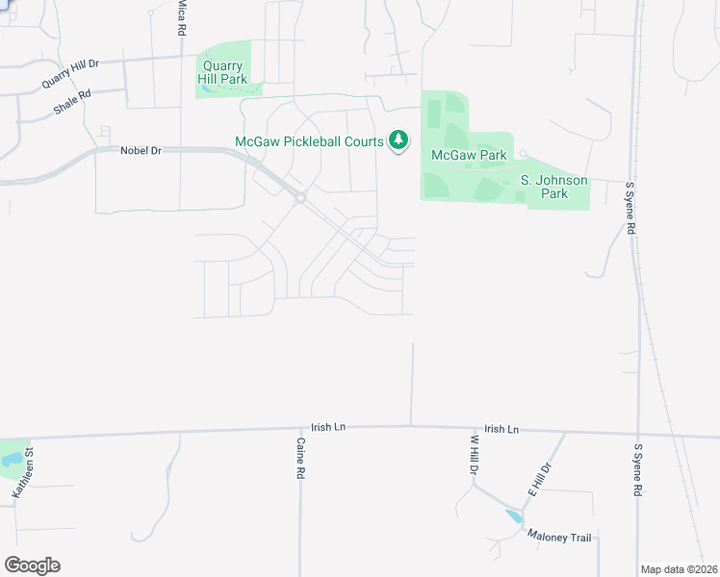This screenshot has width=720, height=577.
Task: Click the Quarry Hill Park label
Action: point(222,72)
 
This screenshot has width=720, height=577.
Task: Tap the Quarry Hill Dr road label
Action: point(70,73)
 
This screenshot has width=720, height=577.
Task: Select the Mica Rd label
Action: point(181,18)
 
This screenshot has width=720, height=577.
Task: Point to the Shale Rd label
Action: point(72,103)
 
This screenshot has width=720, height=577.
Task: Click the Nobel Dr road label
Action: point(141,150)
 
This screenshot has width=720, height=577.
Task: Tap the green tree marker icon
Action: point(398,140)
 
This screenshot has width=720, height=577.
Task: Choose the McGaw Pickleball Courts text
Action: point(309,141)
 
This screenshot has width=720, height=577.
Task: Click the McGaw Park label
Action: point(469,155)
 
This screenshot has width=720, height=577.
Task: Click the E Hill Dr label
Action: point(538,479)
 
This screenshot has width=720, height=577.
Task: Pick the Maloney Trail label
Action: point(559,538)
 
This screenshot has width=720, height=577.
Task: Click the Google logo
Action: point(32,565)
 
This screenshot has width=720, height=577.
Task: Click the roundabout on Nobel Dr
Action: point(300,198)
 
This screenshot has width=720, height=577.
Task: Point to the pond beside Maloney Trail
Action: point(514,516)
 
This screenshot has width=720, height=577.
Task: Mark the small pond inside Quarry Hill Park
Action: point(209,88)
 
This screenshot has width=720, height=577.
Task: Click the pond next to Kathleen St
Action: point(10,461)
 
